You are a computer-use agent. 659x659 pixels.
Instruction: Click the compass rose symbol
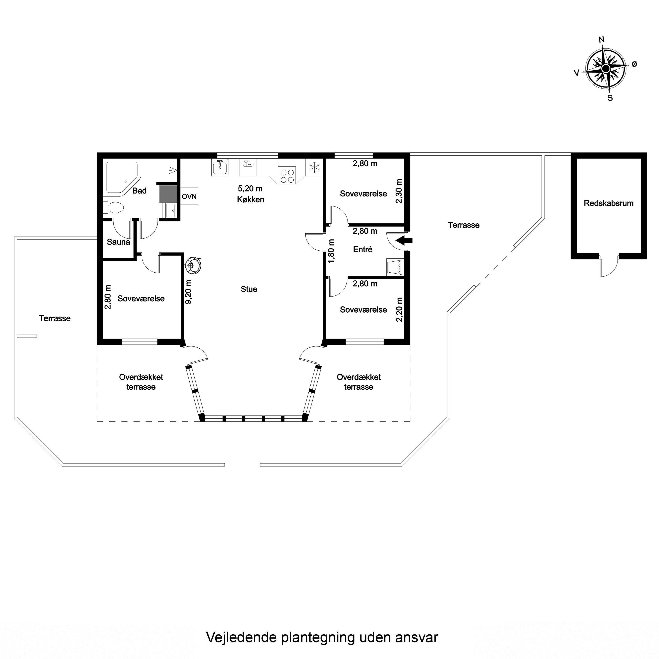click(606, 69)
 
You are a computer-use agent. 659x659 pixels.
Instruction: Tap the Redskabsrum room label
click(608, 203)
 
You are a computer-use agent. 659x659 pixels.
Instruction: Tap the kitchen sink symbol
click(220, 167)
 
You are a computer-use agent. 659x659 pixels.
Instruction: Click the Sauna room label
click(118, 242)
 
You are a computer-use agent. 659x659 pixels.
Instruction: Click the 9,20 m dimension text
click(188, 292)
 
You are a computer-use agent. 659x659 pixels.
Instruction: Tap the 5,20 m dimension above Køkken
click(250, 188)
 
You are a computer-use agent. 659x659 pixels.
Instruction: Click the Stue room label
click(249, 289)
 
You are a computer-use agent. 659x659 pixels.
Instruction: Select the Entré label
click(363, 249)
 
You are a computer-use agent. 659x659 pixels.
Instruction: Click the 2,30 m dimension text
click(399, 191)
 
